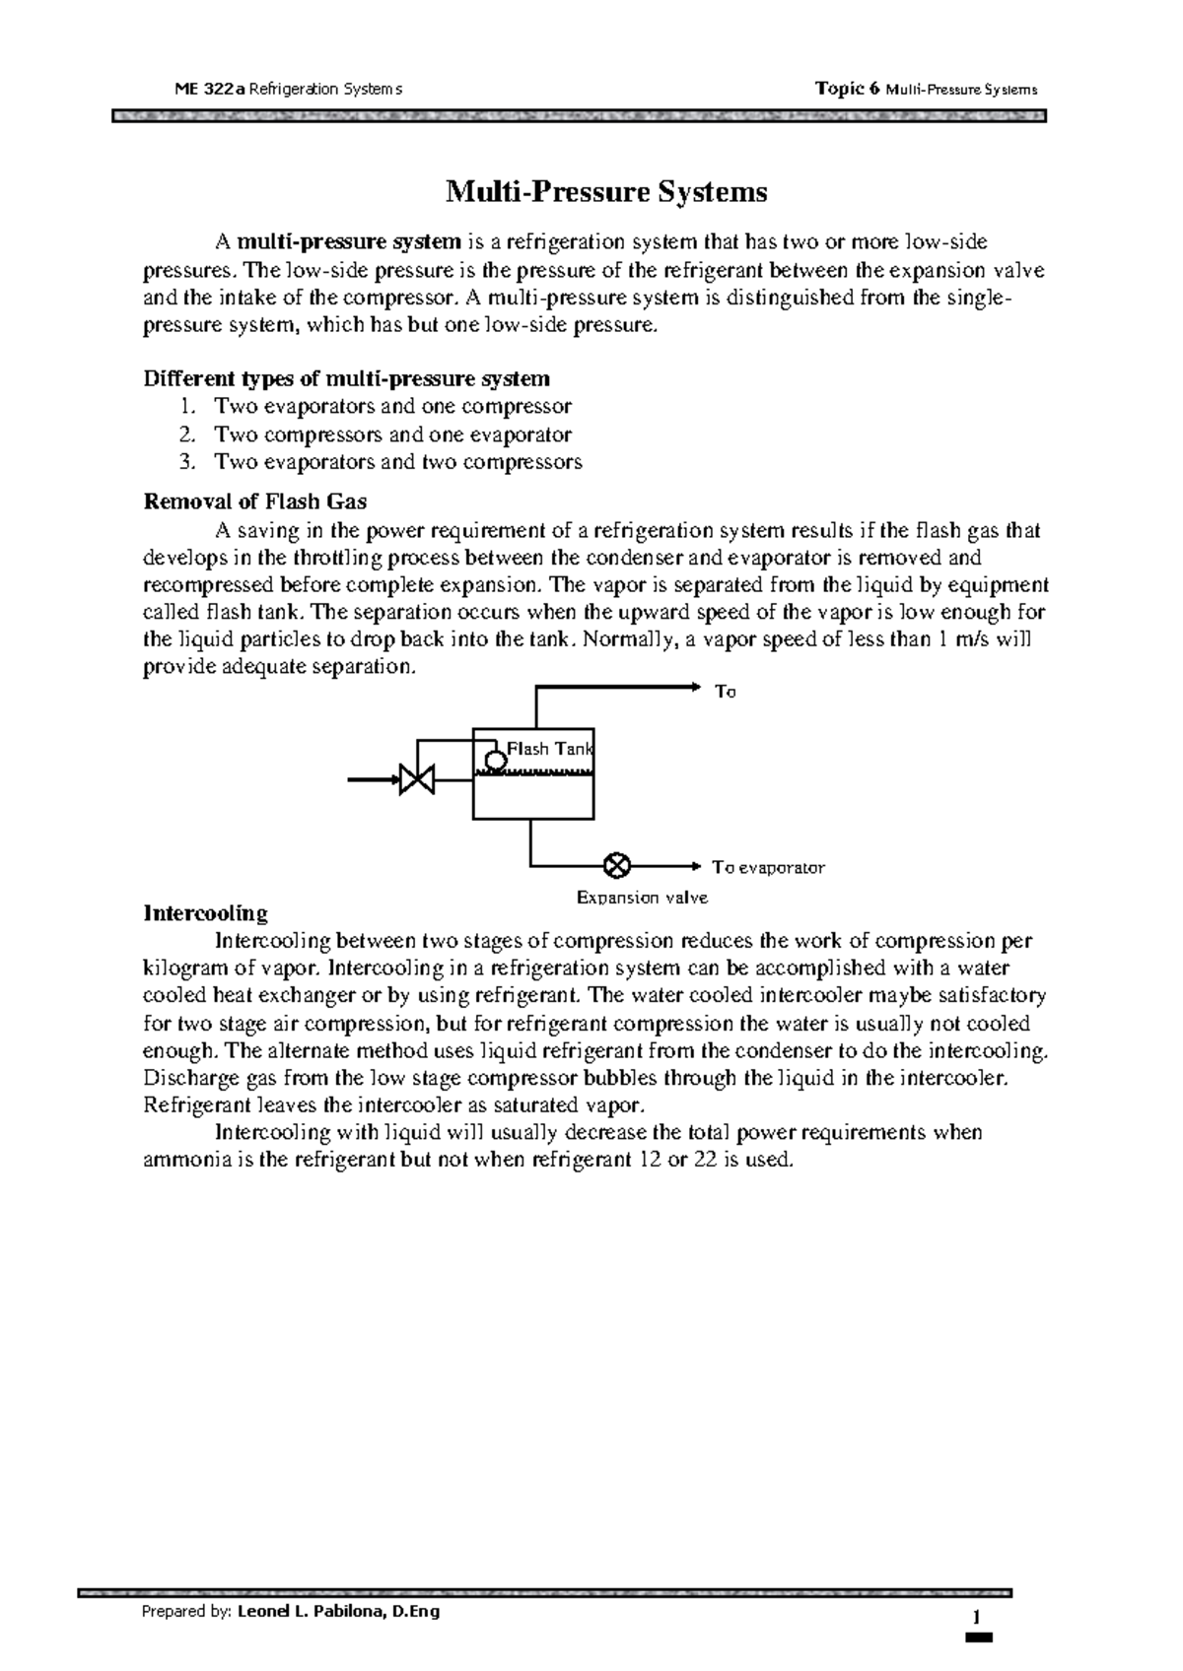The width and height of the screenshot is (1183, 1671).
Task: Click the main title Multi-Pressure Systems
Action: [606, 191]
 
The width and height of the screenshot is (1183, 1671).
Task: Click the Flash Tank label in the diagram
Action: [549, 749]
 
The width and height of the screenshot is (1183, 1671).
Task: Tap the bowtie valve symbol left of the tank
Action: [416, 780]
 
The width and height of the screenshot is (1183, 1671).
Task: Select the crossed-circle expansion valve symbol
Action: [616, 866]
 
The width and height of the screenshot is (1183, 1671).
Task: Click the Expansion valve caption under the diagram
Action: [642, 898]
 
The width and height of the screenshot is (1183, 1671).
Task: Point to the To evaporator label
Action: [768, 868]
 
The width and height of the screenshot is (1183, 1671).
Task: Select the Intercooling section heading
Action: [205, 912]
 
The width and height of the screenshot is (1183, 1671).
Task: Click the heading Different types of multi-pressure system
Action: [347, 378]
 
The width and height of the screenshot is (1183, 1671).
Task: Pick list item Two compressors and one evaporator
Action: [392, 434]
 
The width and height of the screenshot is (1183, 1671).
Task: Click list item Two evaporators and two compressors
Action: [398, 462]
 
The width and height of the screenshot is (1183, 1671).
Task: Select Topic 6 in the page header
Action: [847, 90]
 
